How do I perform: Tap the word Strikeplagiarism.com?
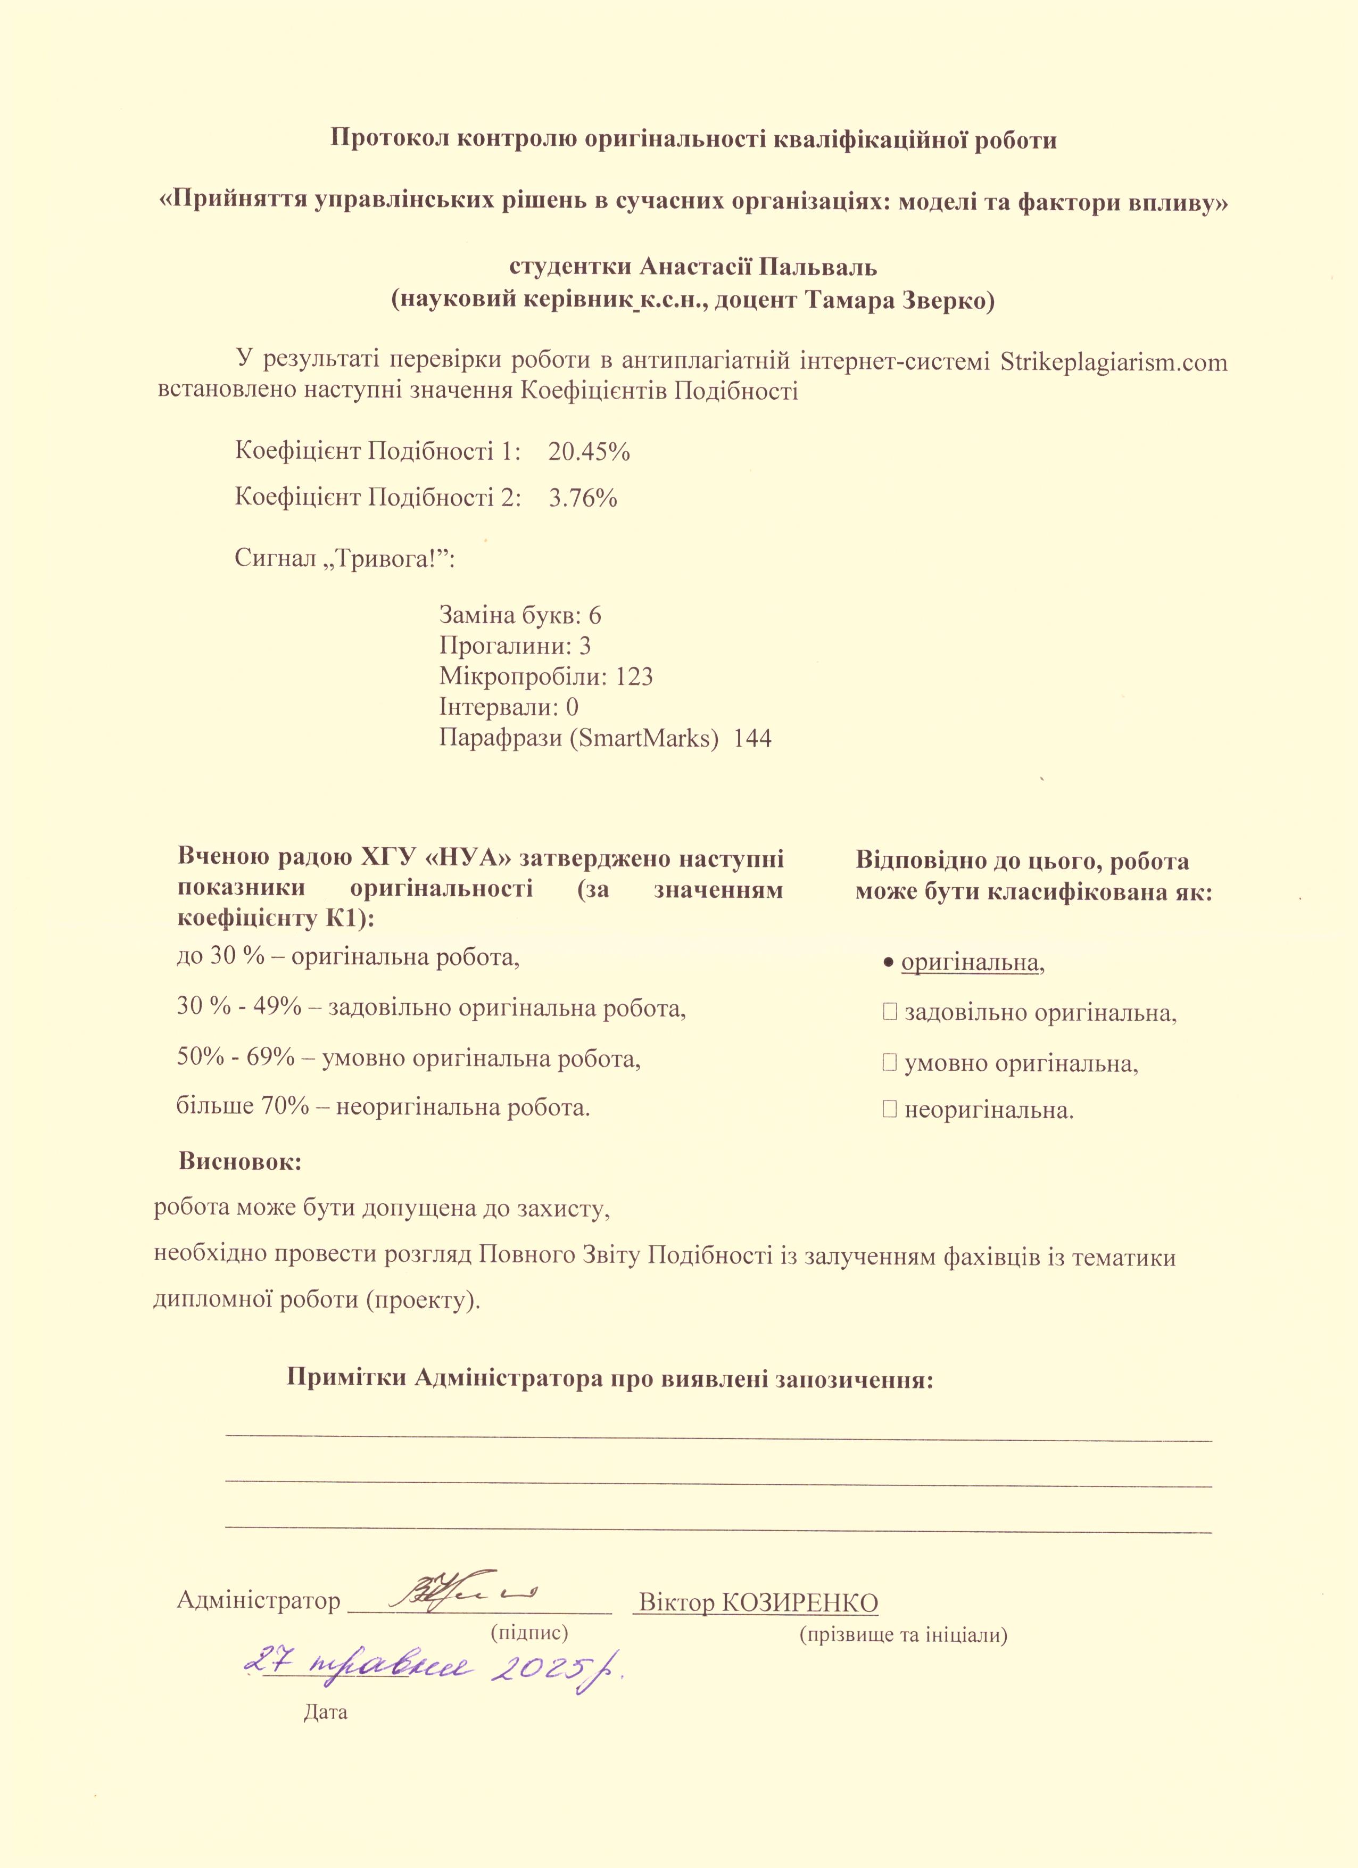pos(1113,362)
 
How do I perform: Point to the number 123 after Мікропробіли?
pos(634,677)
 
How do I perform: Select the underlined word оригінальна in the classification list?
pos(970,962)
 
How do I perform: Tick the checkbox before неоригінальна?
pos(889,1110)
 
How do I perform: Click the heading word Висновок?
pos(241,1162)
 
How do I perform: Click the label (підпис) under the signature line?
pos(529,1634)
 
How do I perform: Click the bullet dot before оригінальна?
pos(889,963)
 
